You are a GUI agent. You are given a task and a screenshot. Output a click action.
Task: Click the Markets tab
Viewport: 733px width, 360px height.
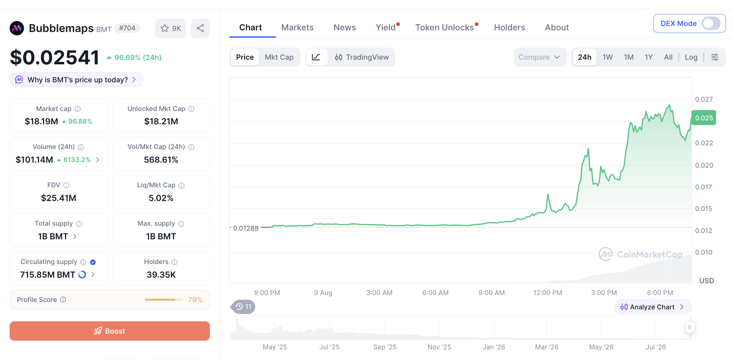click(x=297, y=27)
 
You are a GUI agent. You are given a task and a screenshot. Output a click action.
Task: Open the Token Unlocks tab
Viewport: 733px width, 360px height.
click(x=444, y=27)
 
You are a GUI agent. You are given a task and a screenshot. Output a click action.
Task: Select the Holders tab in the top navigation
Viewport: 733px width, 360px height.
click(x=509, y=27)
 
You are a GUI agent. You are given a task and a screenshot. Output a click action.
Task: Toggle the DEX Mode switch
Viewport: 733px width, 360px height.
click(x=711, y=23)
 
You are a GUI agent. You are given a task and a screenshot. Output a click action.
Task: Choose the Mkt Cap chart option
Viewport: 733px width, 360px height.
click(x=279, y=57)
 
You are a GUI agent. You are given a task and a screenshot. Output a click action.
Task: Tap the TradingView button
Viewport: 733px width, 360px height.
click(x=362, y=57)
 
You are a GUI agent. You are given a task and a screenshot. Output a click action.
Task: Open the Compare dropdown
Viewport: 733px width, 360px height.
click(x=539, y=57)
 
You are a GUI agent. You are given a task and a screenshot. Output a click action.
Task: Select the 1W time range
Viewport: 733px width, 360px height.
click(x=607, y=57)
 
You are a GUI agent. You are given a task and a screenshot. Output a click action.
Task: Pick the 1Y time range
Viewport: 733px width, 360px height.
click(x=648, y=57)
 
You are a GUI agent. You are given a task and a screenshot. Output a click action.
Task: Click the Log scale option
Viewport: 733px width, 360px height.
click(x=691, y=57)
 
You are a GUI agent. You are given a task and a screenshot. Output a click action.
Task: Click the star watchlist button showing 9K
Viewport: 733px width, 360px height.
click(x=171, y=28)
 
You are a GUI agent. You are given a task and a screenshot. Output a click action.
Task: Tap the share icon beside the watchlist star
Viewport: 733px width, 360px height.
click(x=200, y=28)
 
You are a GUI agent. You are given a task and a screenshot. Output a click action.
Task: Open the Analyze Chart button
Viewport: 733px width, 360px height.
click(x=652, y=307)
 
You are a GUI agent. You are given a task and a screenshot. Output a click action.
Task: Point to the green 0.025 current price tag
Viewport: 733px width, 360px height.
click(x=704, y=118)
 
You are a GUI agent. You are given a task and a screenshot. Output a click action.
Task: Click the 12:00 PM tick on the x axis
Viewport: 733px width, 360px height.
click(x=547, y=293)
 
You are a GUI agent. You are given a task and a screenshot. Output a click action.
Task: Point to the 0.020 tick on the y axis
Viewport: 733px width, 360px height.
click(x=704, y=165)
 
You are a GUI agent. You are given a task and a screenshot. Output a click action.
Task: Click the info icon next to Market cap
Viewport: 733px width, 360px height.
click(x=78, y=109)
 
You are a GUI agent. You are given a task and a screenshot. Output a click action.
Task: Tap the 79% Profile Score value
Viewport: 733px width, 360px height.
click(x=195, y=300)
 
